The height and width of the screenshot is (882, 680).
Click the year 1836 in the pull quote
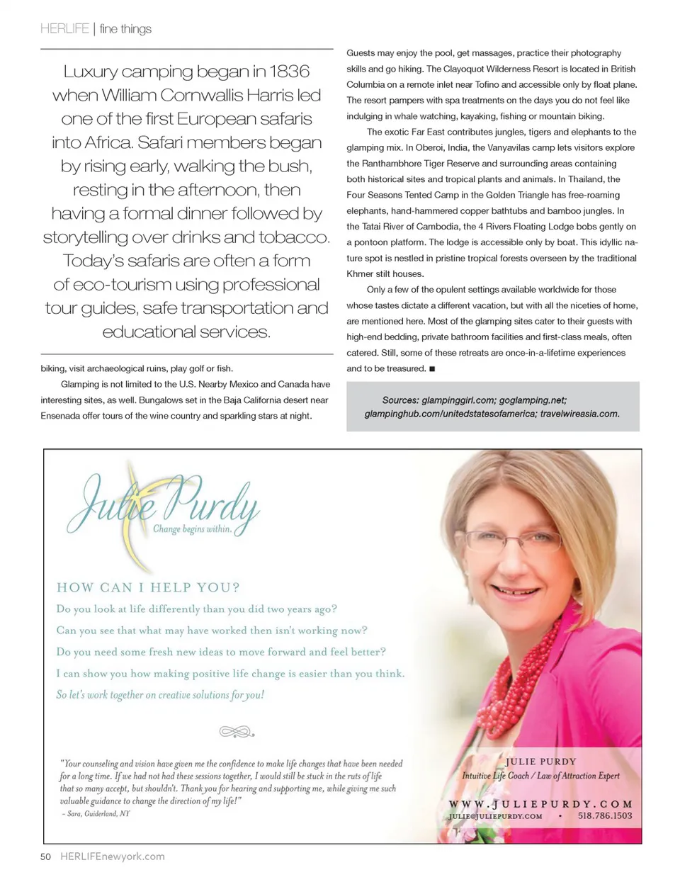pyautogui.click(x=289, y=72)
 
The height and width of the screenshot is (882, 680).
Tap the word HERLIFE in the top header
pyautogui.click(x=64, y=29)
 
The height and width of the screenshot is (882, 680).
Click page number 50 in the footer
pyautogui.click(x=46, y=856)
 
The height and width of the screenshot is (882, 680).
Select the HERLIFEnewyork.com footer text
pyautogui.click(x=113, y=856)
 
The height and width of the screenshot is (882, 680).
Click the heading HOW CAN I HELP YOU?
pyautogui.click(x=148, y=587)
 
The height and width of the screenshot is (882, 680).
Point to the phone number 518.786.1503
pyautogui.click(x=605, y=816)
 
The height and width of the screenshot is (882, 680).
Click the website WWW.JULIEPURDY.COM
pyautogui.click(x=540, y=804)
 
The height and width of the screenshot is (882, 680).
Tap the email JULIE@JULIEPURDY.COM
pyautogui.click(x=495, y=816)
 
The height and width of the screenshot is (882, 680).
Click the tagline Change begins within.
pyautogui.click(x=193, y=528)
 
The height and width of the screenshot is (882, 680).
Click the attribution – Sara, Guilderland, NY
pyautogui.click(x=95, y=814)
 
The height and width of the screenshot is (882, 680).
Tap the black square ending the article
pyautogui.click(x=432, y=369)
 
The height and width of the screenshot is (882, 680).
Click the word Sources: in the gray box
pyautogui.click(x=400, y=400)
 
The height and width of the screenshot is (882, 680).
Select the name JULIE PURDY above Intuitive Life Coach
pyautogui.click(x=540, y=762)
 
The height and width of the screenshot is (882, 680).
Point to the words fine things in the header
pyautogui.click(x=125, y=29)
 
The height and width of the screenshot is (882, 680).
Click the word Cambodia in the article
pyautogui.click(x=438, y=227)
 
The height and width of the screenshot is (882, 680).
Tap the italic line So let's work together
pyautogui.click(x=160, y=695)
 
